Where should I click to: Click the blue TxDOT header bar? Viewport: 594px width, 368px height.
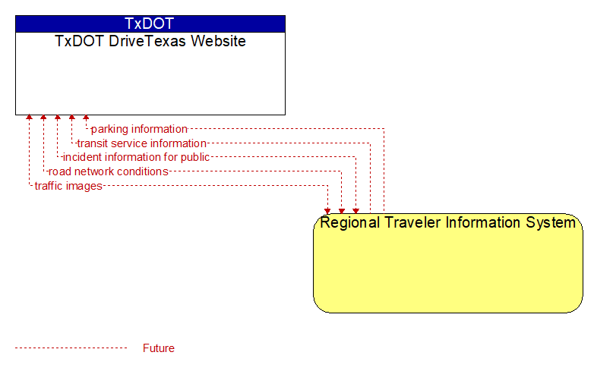point(150,24)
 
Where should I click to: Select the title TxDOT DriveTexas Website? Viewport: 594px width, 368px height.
point(150,41)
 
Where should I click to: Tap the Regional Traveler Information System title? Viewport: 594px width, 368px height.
point(447,222)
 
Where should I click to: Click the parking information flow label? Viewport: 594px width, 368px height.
point(139,129)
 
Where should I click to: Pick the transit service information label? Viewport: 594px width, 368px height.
point(142,143)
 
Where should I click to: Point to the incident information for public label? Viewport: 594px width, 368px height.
point(136,157)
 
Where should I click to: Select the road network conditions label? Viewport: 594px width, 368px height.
point(109,171)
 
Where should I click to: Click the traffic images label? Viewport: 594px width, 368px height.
point(68,186)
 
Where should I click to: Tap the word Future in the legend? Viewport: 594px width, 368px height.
point(159,348)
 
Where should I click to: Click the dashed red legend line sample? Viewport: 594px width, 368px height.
point(71,348)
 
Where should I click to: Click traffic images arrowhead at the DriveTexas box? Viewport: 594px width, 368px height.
point(29,118)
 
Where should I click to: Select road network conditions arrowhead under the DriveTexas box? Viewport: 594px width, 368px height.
point(43,118)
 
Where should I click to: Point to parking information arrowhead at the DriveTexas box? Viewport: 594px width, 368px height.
point(86,118)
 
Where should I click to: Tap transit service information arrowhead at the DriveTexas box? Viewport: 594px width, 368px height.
point(72,118)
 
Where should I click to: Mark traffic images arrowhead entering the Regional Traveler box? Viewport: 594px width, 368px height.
point(327,211)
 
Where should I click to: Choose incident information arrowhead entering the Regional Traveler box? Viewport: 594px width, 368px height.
point(355,211)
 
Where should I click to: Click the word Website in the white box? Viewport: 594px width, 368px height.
point(219,41)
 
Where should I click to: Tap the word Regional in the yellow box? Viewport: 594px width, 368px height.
point(349,222)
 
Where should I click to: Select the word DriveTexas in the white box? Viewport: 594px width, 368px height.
point(148,41)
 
